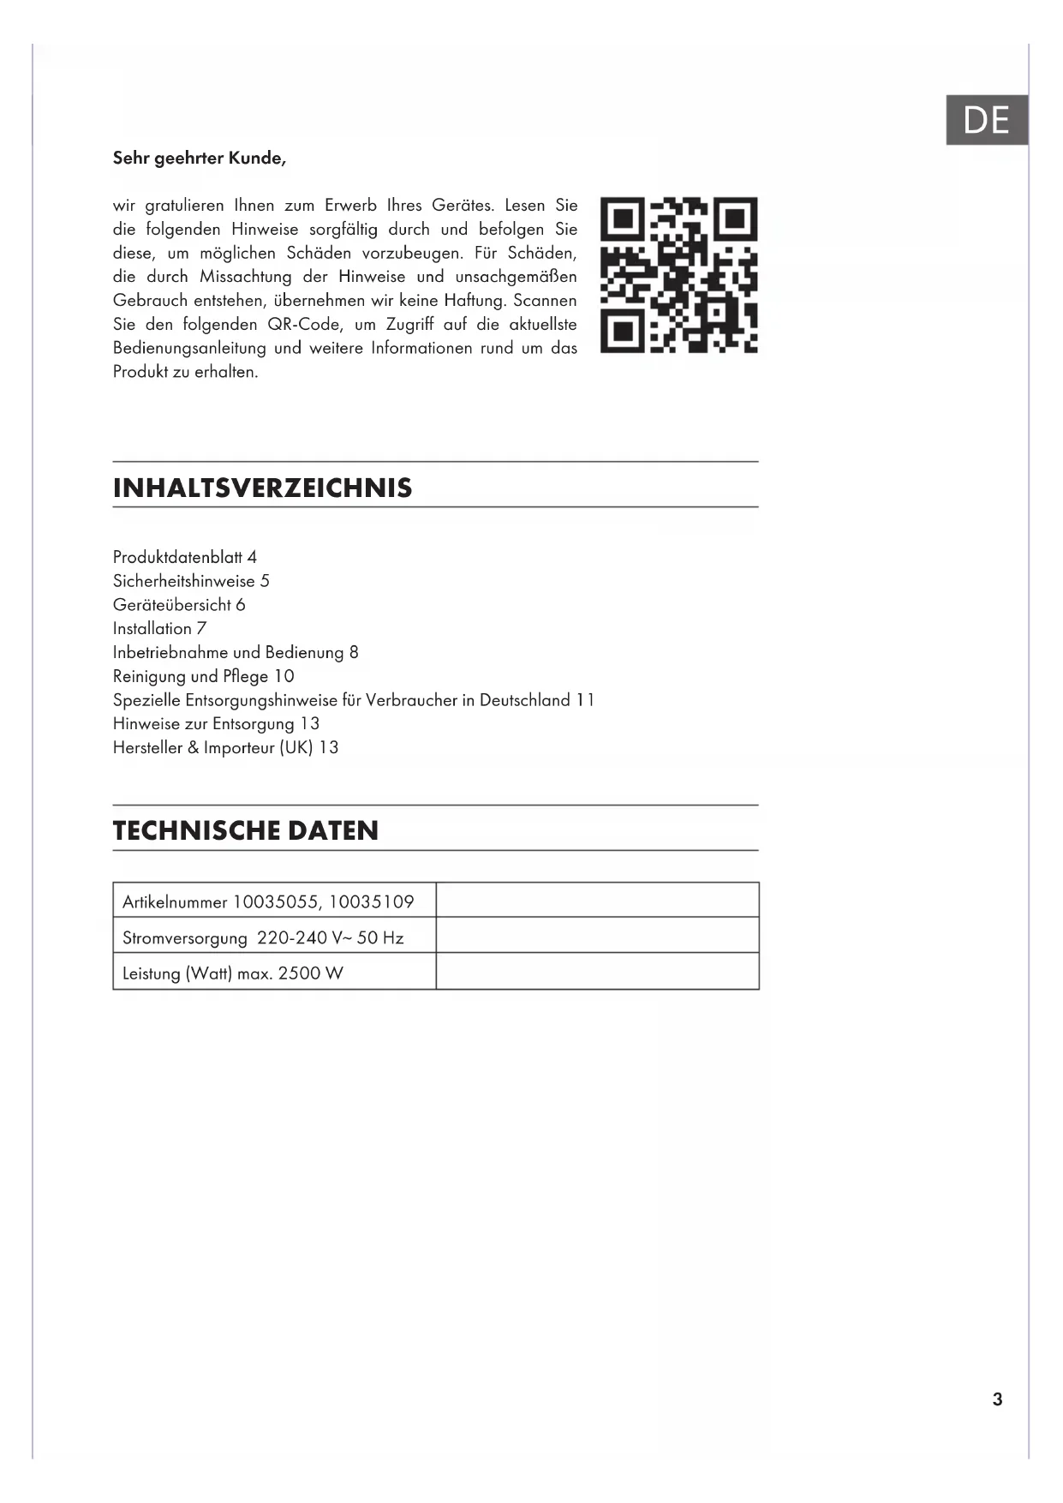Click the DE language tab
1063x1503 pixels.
[986, 120]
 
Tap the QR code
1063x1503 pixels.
[678, 275]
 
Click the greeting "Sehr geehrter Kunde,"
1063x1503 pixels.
[200, 159]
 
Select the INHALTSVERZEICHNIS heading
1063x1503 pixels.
[262, 488]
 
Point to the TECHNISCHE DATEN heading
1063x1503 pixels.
[246, 830]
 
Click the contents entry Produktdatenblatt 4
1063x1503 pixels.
[185, 557]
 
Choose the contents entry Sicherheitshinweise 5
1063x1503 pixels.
[191, 581]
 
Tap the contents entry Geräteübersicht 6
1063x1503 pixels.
[179, 605]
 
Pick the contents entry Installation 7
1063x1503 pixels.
[160, 629]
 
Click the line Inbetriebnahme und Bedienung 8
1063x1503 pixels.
[236, 653]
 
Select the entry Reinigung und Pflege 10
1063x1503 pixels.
[204, 676]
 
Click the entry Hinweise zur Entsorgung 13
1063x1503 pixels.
[216, 724]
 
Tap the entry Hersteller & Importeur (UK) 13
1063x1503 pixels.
[225, 748]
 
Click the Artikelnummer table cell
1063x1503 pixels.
[268, 901]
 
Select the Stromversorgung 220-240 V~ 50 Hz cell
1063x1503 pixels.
[263, 937]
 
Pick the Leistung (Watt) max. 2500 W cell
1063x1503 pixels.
[233, 973]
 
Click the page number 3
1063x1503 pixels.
[997, 1399]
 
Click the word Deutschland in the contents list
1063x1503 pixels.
[524, 700]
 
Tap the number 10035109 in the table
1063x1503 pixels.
[371, 901]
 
